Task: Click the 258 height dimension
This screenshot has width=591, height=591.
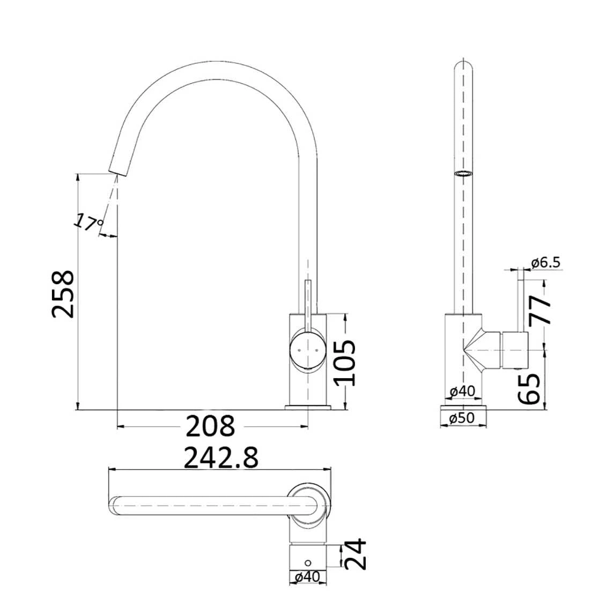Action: pos(63,294)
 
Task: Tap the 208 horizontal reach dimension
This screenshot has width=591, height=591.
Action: pos(210,426)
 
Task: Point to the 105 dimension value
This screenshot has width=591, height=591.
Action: pos(344,363)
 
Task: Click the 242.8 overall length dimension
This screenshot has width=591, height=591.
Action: pos(221,459)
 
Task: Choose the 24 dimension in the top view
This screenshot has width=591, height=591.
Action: pos(356,555)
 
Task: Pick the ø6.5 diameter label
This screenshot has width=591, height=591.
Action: pos(545,262)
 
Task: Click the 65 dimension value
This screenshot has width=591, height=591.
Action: pos(529,388)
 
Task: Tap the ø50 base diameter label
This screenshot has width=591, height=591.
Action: pos(463,419)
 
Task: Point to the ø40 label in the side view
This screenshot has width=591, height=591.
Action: pos(462,392)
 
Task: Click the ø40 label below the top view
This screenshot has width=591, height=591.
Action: pos(307,578)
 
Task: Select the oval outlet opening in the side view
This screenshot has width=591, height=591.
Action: pos(463,173)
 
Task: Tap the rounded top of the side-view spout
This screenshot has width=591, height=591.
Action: pos(464,65)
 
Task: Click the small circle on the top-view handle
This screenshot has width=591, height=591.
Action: pos(308,562)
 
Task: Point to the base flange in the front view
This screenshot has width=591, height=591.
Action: pos(308,408)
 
